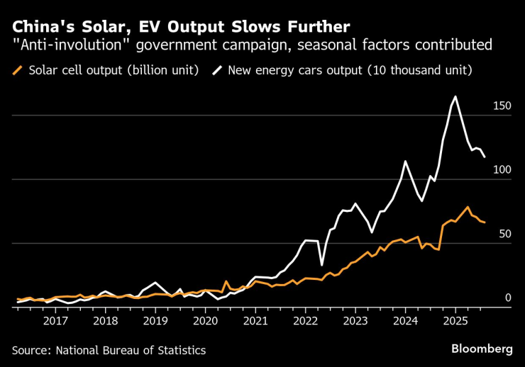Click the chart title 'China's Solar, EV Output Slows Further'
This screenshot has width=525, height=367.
(x=180, y=27)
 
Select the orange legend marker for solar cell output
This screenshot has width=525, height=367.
(x=18, y=70)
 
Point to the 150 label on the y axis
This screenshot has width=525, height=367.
(x=502, y=106)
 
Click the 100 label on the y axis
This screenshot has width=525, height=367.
(x=502, y=170)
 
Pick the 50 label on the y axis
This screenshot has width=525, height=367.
(x=504, y=235)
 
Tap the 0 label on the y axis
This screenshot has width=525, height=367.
(x=507, y=298)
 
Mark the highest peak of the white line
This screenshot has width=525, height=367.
(x=455, y=97)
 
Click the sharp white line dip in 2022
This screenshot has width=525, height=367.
(x=321, y=264)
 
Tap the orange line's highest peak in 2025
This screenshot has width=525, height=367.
(x=468, y=207)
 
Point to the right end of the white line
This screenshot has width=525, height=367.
(x=485, y=157)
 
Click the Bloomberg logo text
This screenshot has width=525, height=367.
(x=482, y=349)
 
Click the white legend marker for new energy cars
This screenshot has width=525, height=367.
(x=213, y=70)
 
